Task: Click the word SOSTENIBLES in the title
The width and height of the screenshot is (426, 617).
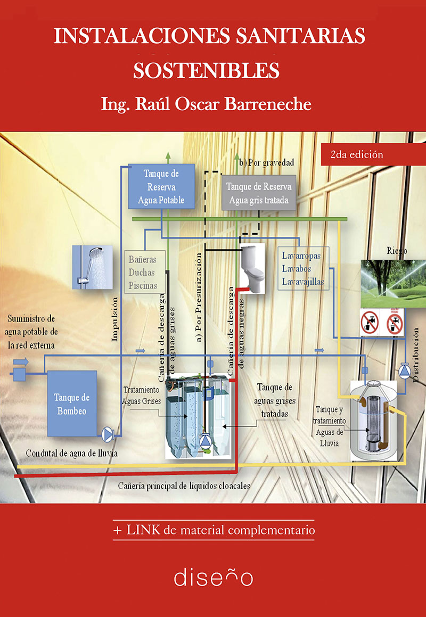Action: [206, 70]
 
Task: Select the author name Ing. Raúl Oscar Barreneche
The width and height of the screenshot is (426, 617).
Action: [206, 104]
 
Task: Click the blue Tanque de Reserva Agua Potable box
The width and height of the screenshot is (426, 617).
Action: [161, 186]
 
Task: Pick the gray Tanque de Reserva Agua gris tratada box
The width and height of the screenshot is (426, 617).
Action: [259, 193]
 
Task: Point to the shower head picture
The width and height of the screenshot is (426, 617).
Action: [93, 267]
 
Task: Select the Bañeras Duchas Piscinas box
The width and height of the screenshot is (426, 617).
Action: [144, 272]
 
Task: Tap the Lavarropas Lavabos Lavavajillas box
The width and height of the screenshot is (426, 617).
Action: [303, 269]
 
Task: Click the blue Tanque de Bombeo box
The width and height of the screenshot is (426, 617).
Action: [72, 404]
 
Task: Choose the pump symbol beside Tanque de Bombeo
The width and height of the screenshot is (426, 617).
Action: [107, 434]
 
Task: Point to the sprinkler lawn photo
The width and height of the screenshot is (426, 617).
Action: [394, 284]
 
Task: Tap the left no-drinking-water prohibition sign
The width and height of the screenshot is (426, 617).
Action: [370, 322]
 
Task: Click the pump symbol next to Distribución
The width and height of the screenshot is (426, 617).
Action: [404, 371]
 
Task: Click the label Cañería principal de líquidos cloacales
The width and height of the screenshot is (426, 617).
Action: [184, 486]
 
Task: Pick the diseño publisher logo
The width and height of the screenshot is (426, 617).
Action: [214, 577]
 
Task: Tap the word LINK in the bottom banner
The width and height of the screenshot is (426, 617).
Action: [143, 530]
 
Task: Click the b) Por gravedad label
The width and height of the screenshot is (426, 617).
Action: [266, 162]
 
